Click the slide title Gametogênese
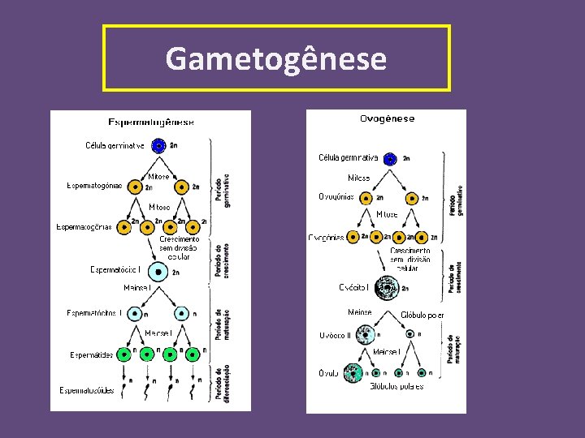pos(276,58)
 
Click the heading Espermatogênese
pos(151,122)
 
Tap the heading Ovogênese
pos(387,118)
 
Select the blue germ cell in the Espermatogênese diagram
pos(159,145)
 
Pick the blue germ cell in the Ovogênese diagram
pos(390,158)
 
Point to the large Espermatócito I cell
pos(158,272)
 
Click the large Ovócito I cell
pos(388,287)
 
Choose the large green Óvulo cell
pos(354,373)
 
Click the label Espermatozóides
pos(87,390)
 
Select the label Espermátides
pos(91,354)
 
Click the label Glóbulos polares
pos(396,387)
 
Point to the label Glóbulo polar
pos(422,315)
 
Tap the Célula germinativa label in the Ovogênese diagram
pos(349,157)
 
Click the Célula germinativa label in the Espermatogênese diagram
pos(115,146)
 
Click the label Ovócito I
pos(353,287)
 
